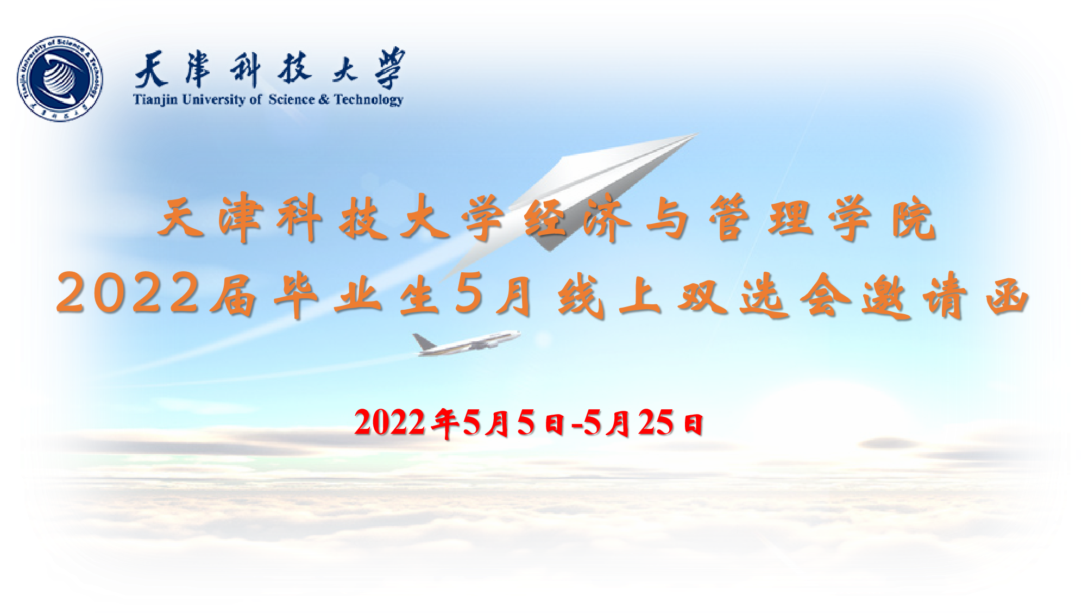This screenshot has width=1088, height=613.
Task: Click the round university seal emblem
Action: tap(60, 79)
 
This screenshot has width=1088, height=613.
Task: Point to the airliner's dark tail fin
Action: tap(423, 342)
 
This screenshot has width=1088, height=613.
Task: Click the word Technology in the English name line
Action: tap(369, 99)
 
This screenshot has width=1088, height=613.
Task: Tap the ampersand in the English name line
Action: tap(324, 99)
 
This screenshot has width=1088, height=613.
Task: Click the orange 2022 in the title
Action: tap(129, 293)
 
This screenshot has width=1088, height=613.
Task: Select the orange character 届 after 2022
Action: tap(234, 295)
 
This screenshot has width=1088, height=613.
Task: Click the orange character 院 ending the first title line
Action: tap(914, 218)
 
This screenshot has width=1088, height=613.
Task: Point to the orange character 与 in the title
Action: tap(668, 218)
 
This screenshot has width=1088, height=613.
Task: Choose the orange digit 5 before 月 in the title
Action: tap(470, 293)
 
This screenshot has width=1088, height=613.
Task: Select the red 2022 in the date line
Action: tap(389, 422)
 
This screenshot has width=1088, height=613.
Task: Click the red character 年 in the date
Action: tap(445, 423)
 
